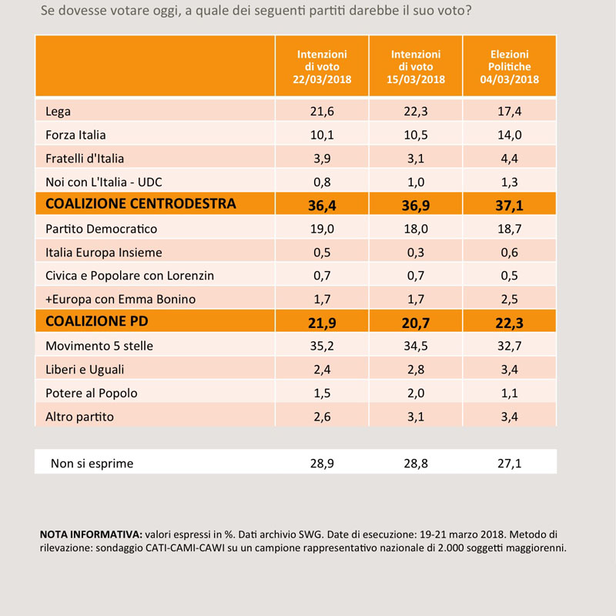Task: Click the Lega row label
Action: [58, 112]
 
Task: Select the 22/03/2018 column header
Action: [322, 67]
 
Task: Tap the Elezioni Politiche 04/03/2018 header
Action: [509, 67]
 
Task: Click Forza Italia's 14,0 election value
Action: [509, 136]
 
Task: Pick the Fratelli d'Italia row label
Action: [85, 159]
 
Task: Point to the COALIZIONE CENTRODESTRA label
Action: [141, 203]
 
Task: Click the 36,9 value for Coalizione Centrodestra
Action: [416, 206]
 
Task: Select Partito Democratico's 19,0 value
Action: [322, 229]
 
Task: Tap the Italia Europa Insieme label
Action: [104, 253]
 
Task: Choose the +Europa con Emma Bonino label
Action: [120, 300]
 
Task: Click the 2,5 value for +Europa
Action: [509, 300]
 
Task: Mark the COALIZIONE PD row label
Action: [97, 321]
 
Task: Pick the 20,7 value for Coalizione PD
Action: [416, 323]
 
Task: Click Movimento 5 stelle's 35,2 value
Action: [322, 346]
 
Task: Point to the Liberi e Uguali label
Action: [85, 370]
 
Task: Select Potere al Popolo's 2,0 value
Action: [416, 393]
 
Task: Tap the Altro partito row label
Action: [79, 417]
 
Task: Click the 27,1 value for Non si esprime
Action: [509, 464]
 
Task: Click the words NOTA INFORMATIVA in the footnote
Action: [91, 534]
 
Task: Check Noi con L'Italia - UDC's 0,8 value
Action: [322, 182]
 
